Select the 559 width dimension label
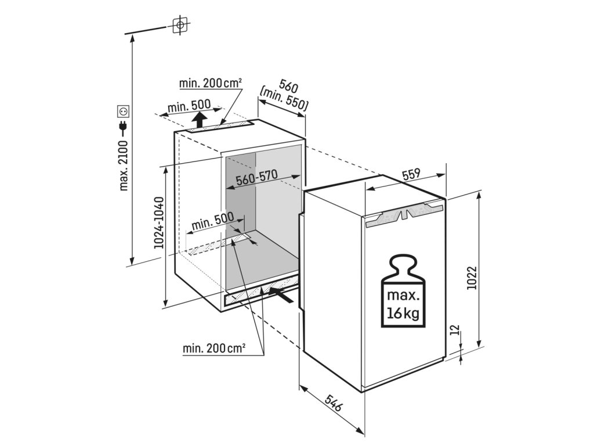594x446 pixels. [411, 174]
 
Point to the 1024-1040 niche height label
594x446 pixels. [159, 223]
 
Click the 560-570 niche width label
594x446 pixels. [258, 179]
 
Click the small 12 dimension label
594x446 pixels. [455, 331]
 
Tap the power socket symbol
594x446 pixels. [123, 110]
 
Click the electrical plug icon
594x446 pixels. [123, 127]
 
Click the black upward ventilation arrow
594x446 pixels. [199, 121]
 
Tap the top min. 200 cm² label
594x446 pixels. [211, 83]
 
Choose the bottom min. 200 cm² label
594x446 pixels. [214, 348]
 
